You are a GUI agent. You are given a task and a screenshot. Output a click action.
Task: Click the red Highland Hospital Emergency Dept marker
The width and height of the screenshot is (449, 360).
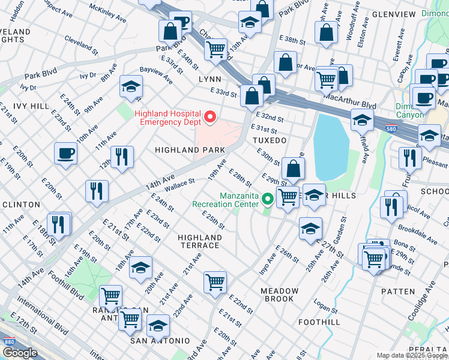[x=209, y=116]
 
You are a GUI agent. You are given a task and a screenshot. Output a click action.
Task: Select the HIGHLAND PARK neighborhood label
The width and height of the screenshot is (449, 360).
[x=190, y=149]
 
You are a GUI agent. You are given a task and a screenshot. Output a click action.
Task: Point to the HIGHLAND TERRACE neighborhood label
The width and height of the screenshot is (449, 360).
[x=199, y=242]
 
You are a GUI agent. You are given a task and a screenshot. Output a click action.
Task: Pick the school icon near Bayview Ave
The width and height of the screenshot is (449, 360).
[x=131, y=86]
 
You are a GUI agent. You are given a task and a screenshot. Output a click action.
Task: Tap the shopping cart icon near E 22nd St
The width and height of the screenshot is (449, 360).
[x=215, y=281]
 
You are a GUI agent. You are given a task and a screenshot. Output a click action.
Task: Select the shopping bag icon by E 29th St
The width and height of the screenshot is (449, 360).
[x=292, y=169]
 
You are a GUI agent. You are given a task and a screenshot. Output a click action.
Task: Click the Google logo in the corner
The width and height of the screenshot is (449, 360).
[x=19, y=353]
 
